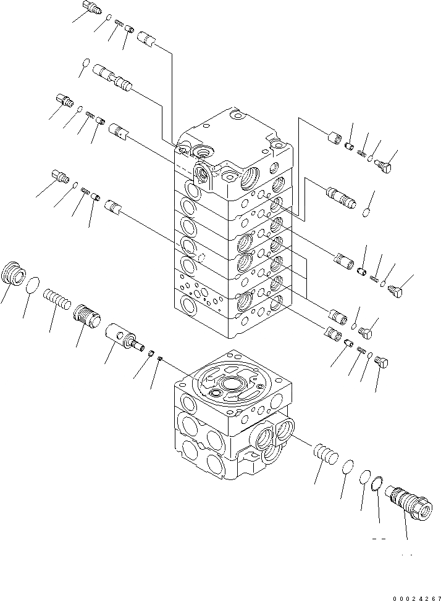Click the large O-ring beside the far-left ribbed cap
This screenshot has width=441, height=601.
35,285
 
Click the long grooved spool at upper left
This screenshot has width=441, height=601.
111,78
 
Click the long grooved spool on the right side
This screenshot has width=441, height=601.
340,197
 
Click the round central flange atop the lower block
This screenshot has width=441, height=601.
232,384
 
